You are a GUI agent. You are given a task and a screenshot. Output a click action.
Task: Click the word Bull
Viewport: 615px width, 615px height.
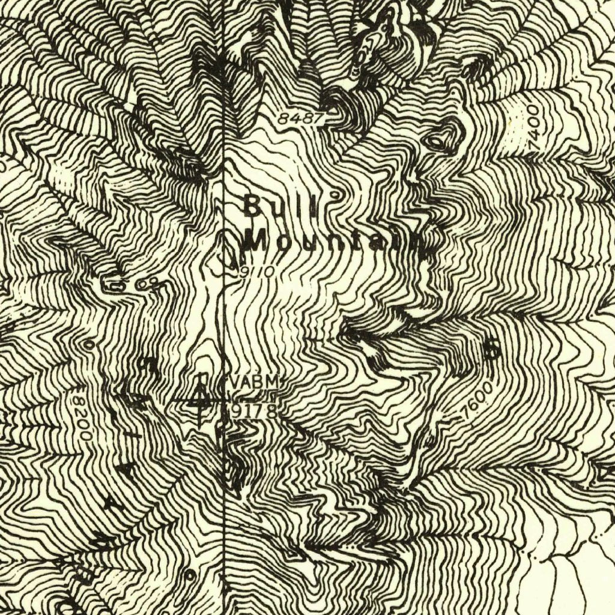(280, 208)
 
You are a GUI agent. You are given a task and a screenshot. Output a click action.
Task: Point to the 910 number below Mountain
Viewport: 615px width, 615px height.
(255, 271)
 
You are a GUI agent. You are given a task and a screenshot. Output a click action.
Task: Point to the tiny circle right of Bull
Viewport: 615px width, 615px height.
(337, 195)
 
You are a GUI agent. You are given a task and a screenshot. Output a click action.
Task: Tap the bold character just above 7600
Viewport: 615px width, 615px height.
(493, 350)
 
